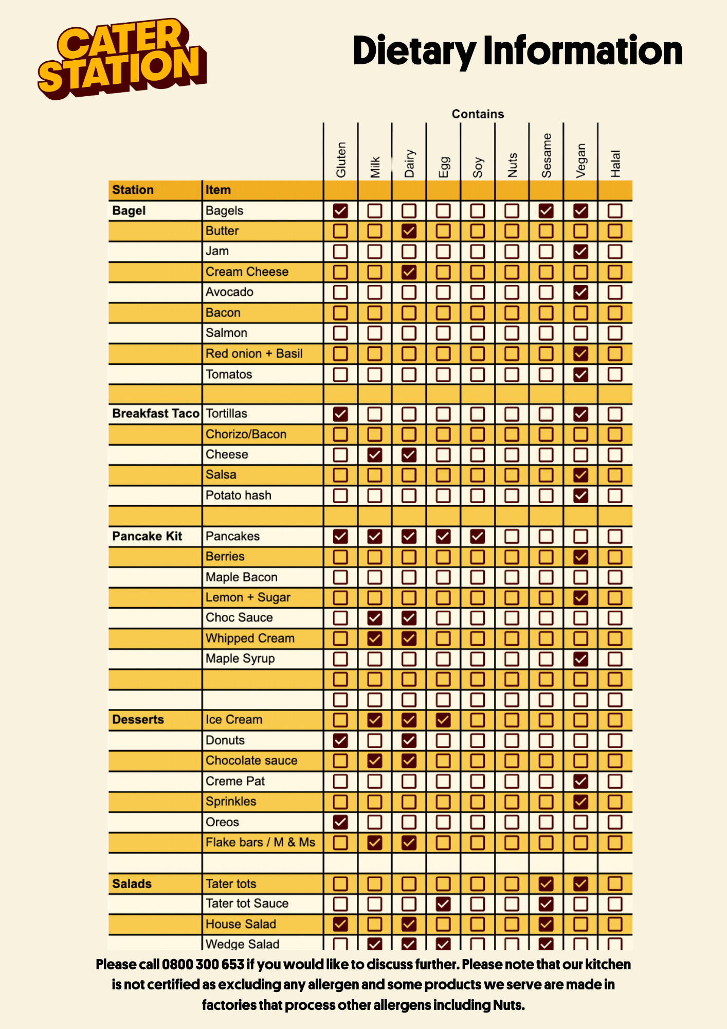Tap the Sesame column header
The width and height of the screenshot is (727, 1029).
[547, 155]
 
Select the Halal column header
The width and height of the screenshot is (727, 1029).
[615, 164]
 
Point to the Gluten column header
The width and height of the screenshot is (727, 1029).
[341, 159]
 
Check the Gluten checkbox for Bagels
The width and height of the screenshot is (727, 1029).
[340, 210]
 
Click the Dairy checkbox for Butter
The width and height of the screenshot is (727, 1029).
[409, 231]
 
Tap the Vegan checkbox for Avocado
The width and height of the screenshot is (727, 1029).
[580, 292]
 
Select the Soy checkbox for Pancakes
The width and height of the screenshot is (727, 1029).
[478, 536]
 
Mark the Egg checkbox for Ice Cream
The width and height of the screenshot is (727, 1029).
[443, 720]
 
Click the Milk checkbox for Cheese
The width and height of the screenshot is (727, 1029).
[375, 454]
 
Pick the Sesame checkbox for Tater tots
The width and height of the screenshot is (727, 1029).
[546, 883]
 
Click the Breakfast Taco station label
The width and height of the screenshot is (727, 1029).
[155, 414]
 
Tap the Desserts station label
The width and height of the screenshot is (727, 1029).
[138, 719]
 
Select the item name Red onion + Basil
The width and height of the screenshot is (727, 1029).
[254, 353]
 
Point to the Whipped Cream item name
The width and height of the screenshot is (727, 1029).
[250, 638]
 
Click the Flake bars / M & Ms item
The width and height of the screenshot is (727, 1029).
[260, 842]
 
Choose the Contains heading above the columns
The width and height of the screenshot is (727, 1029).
[478, 114]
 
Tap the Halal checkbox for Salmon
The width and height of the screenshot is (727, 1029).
[615, 333]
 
